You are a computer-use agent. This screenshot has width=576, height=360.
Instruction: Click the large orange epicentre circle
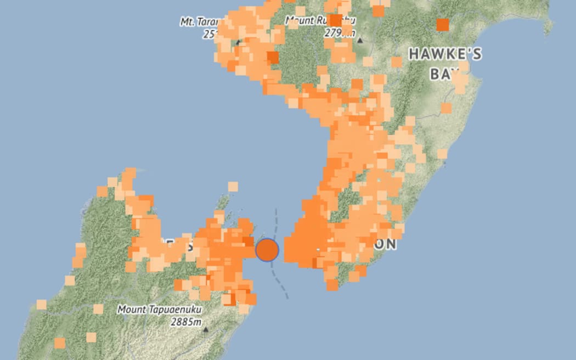[267, 250]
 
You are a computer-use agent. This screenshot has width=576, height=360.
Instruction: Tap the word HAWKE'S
[445, 54]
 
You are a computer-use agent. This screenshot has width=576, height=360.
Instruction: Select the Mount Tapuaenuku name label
[159, 310]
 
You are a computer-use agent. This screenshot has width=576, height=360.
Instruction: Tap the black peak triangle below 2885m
[206, 330]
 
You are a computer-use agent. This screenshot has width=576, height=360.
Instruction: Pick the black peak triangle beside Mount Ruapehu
[360, 40]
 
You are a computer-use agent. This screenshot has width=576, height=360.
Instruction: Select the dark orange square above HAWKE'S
[442, 25]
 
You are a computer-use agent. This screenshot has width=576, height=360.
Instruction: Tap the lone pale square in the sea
[233, 187]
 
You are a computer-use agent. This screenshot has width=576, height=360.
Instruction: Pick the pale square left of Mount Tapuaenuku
[98, 309]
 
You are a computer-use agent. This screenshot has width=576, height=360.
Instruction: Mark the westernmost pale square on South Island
[41, 305]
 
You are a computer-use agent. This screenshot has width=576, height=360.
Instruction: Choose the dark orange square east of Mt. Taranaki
[273, 58]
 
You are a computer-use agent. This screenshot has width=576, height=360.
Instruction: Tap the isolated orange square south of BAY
[446, 108]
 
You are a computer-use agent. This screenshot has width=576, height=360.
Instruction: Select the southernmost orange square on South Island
[60, 343]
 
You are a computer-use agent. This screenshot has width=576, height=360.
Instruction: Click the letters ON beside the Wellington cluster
[385, 244]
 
